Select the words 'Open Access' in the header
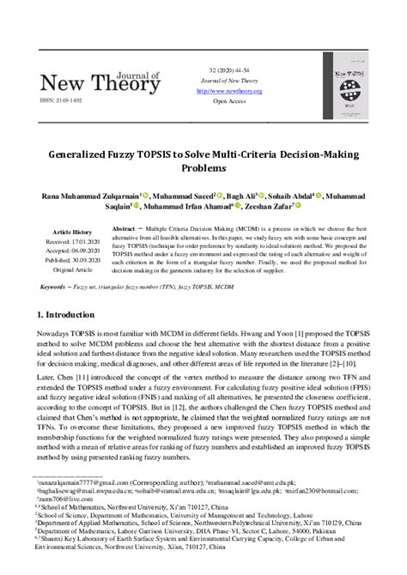pos(228,100)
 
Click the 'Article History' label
pos(72,233)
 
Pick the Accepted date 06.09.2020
pos(72,251)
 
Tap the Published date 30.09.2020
pos(72,260)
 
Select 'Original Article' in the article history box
pos(72,269)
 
